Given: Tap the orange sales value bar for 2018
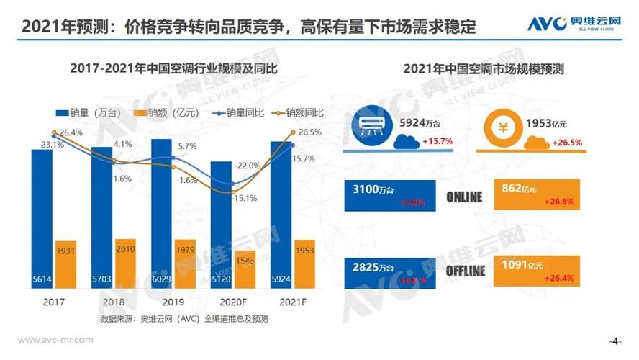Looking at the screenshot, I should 125,263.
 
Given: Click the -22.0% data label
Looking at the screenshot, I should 245,166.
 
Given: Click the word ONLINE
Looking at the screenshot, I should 464,197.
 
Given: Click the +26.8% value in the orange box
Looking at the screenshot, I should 563,202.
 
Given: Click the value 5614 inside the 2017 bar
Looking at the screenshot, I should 42,279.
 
